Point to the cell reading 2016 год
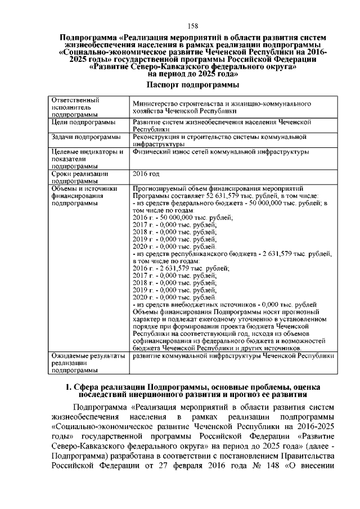point(146,174)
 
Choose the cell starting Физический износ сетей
point(220,152)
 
